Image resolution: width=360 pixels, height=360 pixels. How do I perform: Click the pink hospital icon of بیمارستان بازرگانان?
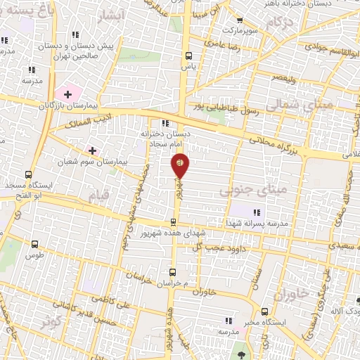point(67,93)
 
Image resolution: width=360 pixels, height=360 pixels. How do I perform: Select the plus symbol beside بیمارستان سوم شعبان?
point(92,150)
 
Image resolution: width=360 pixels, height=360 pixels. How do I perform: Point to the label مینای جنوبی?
point(245,191)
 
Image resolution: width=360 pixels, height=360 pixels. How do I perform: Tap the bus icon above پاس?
point(188,56)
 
